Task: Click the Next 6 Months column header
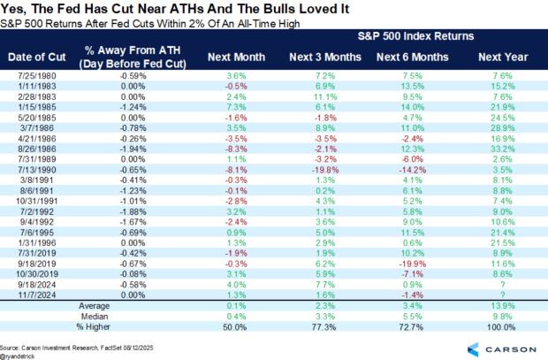point(407,56)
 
